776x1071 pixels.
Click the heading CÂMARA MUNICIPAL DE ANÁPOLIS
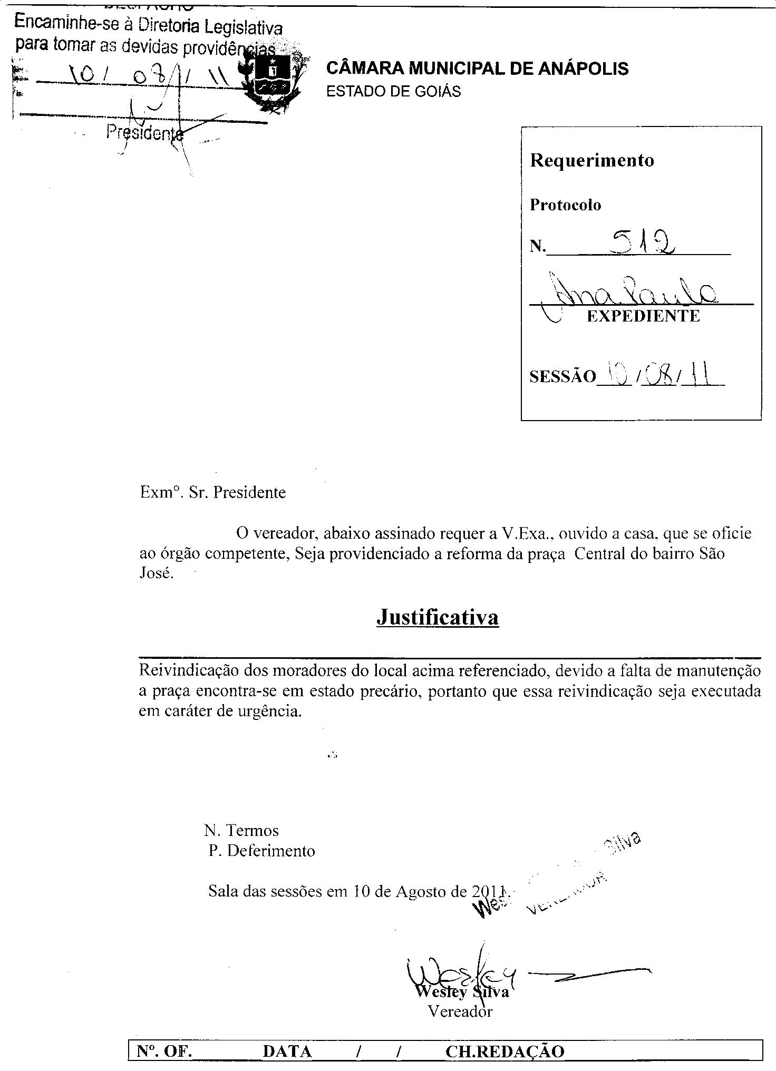pyautogui.click(x=477, y=69)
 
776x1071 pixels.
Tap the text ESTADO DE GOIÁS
pyautogui.click(x=393, y=92)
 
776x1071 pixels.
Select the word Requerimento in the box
pyautogui.click(x=591, y=160)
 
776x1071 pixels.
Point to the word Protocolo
pyautogui.click(x=565, y=205)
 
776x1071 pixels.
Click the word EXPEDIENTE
pyautogui.click(x=643, y=316)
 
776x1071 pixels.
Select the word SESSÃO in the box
pyautogui.click(x=562, y=377)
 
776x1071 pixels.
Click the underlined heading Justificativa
pyautogui.click(x=438, y=617)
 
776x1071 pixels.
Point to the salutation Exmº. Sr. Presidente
pyautogui.click(x=213, y=493)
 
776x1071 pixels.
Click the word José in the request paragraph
pyautogui.click(x=156, y=573)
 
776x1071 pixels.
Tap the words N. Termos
pyautogui.click(x=241, y=831)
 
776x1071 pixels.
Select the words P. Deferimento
pyautogui.click(x=261, y=851)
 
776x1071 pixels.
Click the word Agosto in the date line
pyautogui.click(x=421, y=891)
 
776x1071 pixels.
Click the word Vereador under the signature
pyautogui.click(x=460, y=1011)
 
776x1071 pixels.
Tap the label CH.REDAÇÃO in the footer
pyautogui.click(x=505, y=1052)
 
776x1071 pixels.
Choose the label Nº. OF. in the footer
pyautogui.click(x=164, y=1052)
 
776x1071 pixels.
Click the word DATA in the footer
pyautogui.click(x=287, y=1052)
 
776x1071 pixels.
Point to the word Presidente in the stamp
pyautogui.click(x=144, y=132)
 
